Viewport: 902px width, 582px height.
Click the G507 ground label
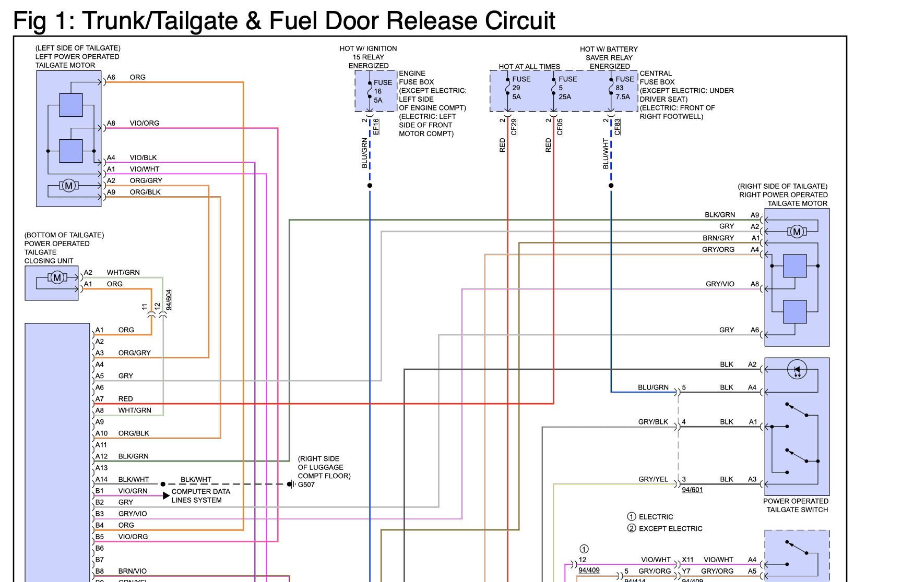pyautogui.click(x=306, y=484)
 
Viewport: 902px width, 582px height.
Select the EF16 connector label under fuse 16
pyautogui.click(x=376, y=127)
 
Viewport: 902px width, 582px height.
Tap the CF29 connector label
pyautogui.click(x=514, y=127)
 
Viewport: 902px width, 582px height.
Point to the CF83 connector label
pyautogui.click(x=618, y=127)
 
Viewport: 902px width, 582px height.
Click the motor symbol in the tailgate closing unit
pyautogui.click(x=57, y=277)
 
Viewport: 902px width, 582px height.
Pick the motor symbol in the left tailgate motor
pyautogui.click(x=68, y=186)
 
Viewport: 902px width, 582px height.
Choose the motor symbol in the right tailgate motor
pyautogui.click(x=797, y=232)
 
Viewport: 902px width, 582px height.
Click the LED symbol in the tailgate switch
pyautogui.click(x=797, y=370)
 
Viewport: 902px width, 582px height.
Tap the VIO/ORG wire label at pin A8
pyautogui.click(x=145, y=123)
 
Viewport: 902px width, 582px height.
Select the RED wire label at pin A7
pyautogui.click(x=125, y=399)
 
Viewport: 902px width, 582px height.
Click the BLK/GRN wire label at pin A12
pyautogui.click(x=133, y=456)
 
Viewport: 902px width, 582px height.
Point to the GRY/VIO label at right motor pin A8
pyautogui.click(x=720, y=284)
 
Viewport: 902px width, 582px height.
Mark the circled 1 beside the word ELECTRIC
pyautogui.click(x=632, y=517)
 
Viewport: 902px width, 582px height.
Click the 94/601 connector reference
pyautogui.click(x=692, y=490)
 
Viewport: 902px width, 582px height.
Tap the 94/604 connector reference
pyautogui.click(x=169, y=300)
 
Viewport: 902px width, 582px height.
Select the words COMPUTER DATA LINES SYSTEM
pyautogui.click(x=201, y=496)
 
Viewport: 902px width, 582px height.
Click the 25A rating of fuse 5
pyautogui.click(x=565, y=96)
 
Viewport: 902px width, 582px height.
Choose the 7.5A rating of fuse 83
pyautogui.click(x=623, y=96)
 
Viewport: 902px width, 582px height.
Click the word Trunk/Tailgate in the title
pyautogui.click(x=160, y=21)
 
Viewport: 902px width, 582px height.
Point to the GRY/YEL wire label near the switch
pyautogui.click(x=653, y=479)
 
